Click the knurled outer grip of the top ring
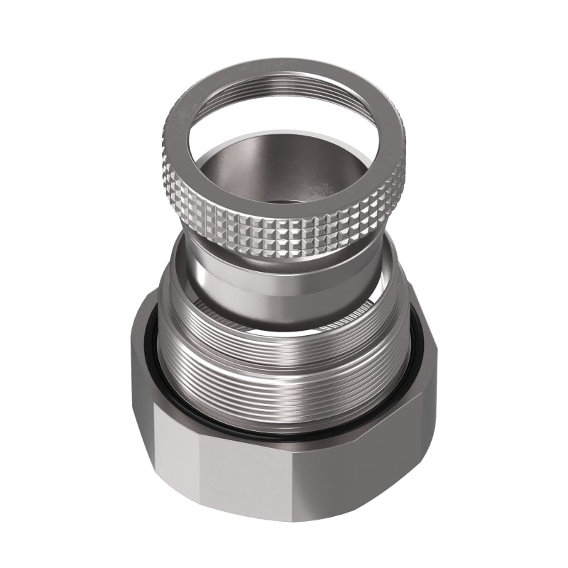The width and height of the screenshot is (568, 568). [284, 234]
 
